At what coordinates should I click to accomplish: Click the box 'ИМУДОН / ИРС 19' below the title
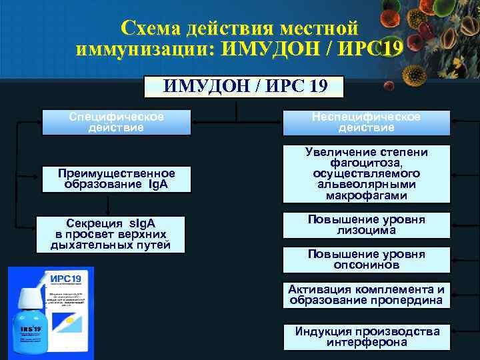tap(244, 86)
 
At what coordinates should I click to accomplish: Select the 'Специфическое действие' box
tap(116, 122)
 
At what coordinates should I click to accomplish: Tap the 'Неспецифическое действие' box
tap(366, 122)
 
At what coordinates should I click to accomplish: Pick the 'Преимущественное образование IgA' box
tap(116, 179)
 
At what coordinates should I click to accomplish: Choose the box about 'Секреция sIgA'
tap(111, 234)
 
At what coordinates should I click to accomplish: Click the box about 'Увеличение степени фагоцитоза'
tap(366, 174)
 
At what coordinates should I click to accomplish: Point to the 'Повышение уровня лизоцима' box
tap(366, 225)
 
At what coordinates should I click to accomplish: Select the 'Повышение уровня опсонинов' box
tap(366, 259)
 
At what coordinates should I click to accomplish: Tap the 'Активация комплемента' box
tap(366, 295)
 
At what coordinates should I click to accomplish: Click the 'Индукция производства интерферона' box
tap(366, 337)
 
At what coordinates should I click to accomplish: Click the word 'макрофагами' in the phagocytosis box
tap(366, 196)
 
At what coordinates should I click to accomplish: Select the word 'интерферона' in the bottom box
tap(366, 342)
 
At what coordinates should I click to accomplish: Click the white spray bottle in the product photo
tap(28, 320)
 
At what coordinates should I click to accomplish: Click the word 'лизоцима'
tap(366, 230)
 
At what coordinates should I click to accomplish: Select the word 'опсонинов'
tap(366, 265)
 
